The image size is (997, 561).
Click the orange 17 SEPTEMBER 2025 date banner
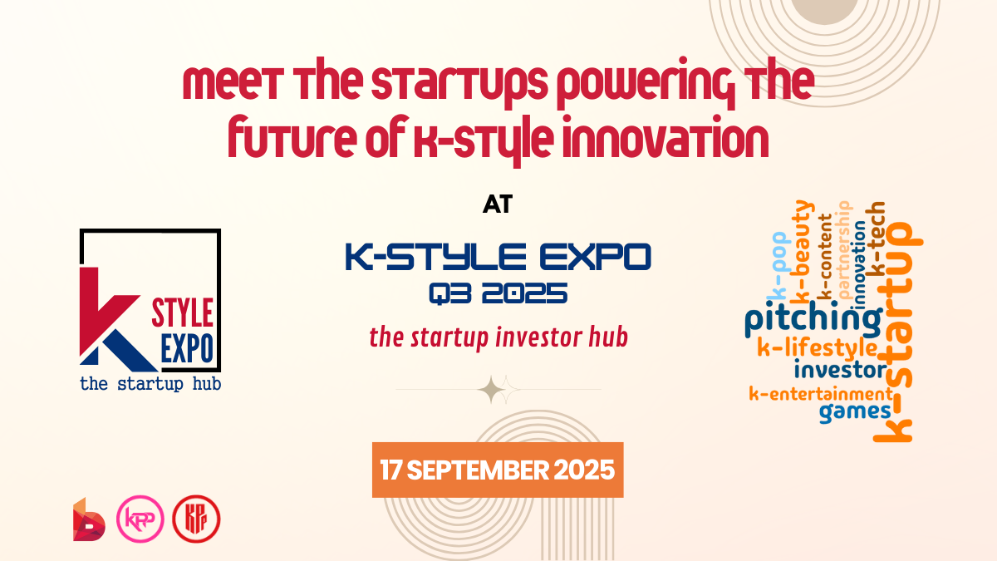pyautogui.click(x=498, y=470)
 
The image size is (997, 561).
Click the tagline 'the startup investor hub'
pyautogui.click(x=498, y=337)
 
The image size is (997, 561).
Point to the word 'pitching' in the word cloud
pyautogui.click(x=812, y=321)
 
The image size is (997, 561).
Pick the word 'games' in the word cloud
pyautogui.click(x=855, y=411)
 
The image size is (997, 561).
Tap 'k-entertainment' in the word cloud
pyautogui.click(x=819, y=393)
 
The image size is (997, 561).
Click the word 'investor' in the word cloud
pyautogui.click(x=840, y=369)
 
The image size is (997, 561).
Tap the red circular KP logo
pyautogui.click(x=196, y=519)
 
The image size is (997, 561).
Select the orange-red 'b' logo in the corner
pyautogui.click(x=89, y=519)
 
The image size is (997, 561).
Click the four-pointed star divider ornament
pyautogui.click(x=498, y=389)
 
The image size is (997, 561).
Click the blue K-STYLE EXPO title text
pyautogui.click(x=498, y=257)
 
